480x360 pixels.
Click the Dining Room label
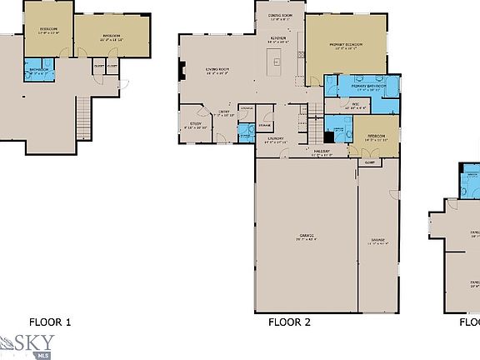(x=280, y=16)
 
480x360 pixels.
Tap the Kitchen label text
(x=279, y=37)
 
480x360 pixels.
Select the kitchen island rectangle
(x=272, y=59)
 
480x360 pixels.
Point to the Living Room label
(x=217, y=70)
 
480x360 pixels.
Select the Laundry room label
(x=275, y=139)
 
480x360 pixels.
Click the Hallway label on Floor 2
(x=322, y=152)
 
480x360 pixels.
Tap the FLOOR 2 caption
(x=289, y=321)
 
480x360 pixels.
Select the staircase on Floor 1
(x=82, y=117)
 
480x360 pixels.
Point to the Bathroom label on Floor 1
(x=38, y=69)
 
